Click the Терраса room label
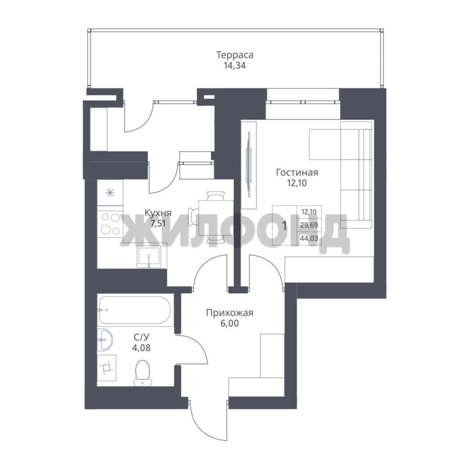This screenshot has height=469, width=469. tap(235, 55)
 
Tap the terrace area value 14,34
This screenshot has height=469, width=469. tap(235, 66)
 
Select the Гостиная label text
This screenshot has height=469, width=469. tap(297, 172)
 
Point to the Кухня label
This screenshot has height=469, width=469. tap(158, 213)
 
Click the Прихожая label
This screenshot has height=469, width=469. tap(229, 313)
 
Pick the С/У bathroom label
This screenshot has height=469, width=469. tap(141, 337)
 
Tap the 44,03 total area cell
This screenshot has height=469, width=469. tap(309, 238)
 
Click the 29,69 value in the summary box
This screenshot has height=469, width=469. tap(309, 225)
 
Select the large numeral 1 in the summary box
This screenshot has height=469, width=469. tap(284, 226)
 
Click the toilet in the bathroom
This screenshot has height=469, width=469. tap(142, 373)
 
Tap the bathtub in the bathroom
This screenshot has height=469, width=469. tap(135, 310)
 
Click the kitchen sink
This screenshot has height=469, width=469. tap(149, 256)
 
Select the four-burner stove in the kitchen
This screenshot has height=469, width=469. tap(110, 223)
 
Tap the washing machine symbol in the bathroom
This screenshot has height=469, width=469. tap(107, 368)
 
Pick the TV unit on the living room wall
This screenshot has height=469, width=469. tap(249, 165)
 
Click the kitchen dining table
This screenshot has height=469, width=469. tap(216, 218)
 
